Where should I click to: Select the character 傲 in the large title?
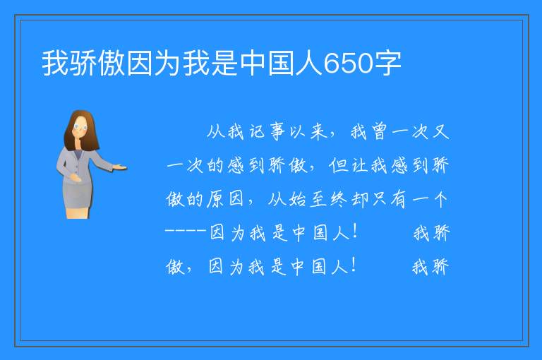[112, 64]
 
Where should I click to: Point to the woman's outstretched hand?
[119, 168]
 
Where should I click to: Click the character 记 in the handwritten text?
[257, 131]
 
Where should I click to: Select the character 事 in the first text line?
[277, 131]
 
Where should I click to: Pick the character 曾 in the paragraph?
[379, 131]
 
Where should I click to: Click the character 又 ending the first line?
[440, 131]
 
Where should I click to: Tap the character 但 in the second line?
[338, 165]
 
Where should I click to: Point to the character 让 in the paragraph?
[359, 165]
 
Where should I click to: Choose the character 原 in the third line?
[216, 199]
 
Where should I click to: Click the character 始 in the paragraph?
[298, 199]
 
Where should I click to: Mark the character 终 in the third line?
[339, 199]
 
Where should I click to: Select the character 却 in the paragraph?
[359, 199]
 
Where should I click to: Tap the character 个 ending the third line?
[440, 199]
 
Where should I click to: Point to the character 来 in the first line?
[318, 131]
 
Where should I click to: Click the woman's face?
[80, 127]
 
